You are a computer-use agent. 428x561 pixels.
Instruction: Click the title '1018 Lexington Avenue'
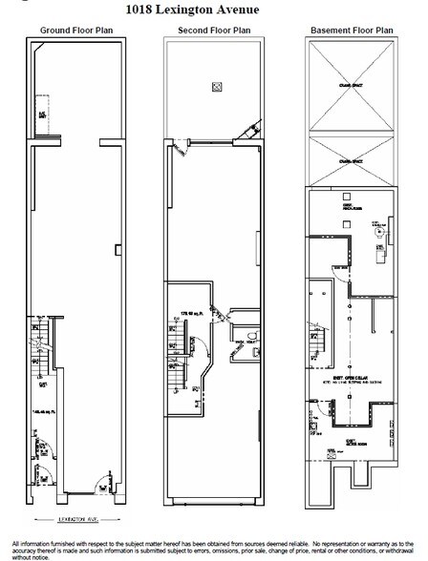tap(213, 9)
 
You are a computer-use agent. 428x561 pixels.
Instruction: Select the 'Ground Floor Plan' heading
tap(75, 31)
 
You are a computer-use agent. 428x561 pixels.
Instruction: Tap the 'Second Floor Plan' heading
tap(213, 31)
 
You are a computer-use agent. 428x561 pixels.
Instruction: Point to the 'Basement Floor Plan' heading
tap(350, 31)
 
